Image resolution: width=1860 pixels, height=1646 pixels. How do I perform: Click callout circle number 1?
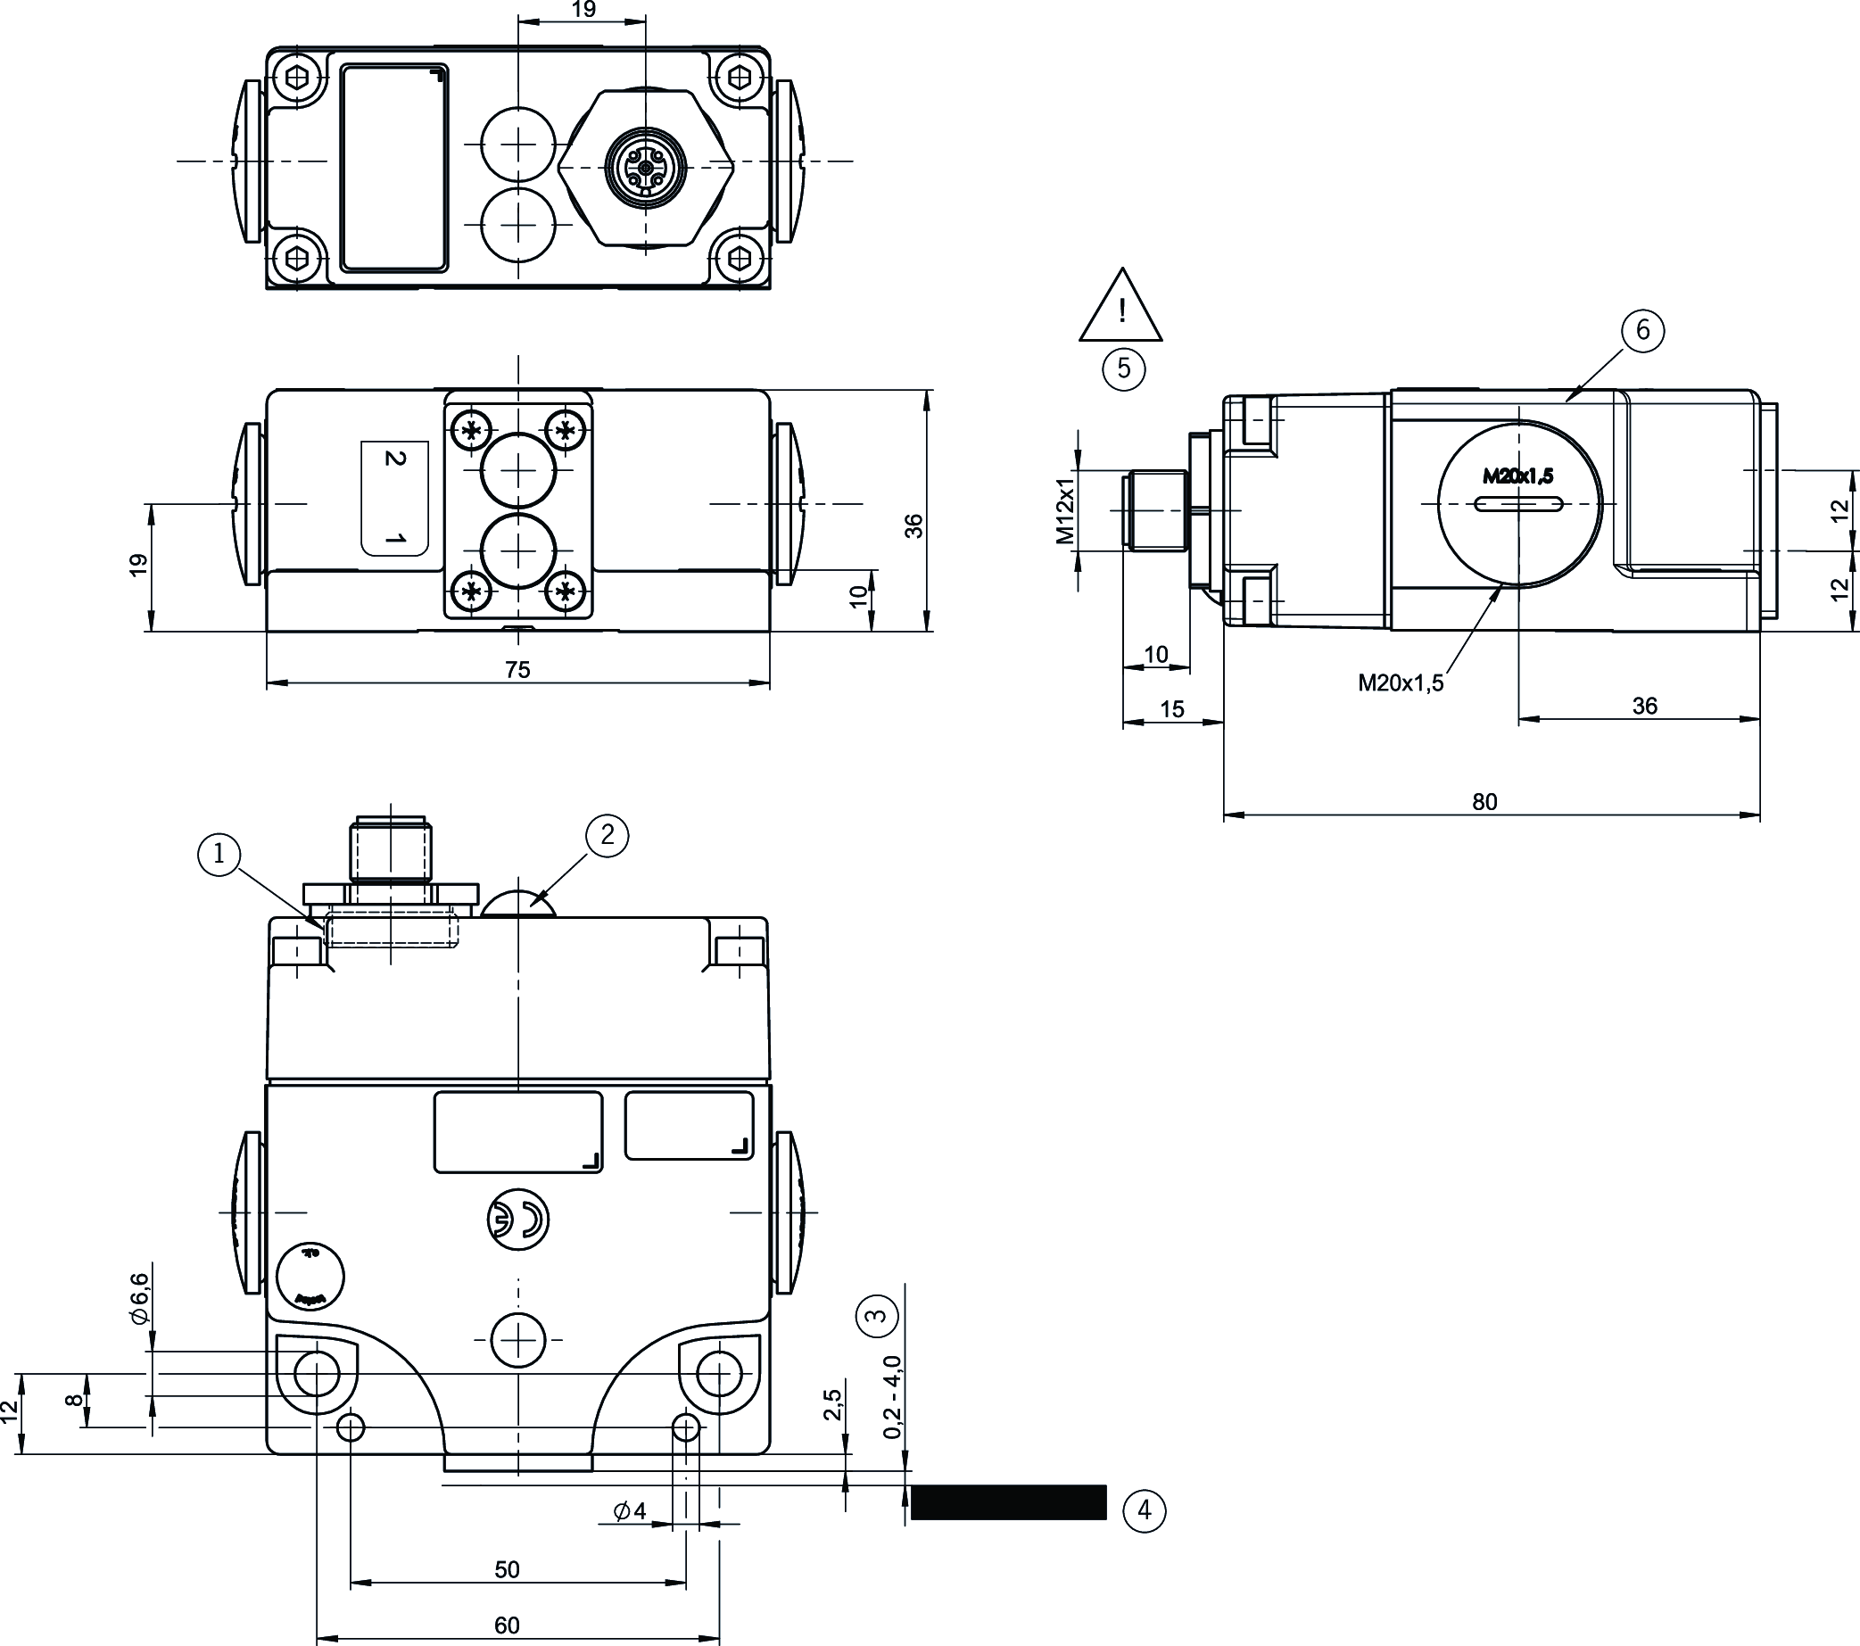pos(219,854)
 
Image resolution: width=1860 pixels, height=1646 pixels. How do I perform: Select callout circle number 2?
pos(607,834)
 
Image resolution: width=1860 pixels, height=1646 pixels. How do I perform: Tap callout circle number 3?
pos(876,1315)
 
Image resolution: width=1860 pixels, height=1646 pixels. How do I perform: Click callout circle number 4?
pos(1144,1511)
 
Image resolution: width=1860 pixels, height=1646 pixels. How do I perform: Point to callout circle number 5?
pos(1124,368)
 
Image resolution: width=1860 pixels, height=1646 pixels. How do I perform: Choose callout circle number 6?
pos(1642,329)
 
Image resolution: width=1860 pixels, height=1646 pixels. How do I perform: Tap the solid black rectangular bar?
pos(1008,1502)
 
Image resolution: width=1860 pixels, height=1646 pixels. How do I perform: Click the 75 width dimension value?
pos(517,670)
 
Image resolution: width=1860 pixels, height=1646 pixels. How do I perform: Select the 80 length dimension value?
pos(1484,802)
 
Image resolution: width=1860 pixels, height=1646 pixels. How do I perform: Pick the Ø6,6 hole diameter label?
pos(138,1299)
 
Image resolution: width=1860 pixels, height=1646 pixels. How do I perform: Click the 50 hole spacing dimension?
pos(507,1569)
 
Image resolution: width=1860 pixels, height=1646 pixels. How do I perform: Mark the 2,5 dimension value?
pos(831,1405)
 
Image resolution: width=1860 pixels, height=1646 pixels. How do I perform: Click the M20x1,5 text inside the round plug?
pos(1517,475)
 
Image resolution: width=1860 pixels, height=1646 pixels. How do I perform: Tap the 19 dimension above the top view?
pos(583,10)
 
